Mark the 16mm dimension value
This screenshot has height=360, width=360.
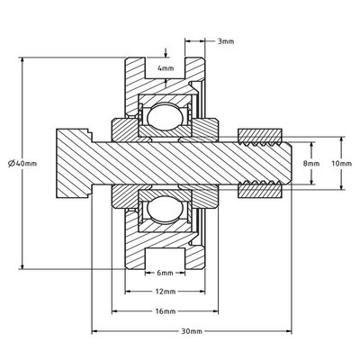164,311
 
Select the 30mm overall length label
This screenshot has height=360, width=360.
190,332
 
